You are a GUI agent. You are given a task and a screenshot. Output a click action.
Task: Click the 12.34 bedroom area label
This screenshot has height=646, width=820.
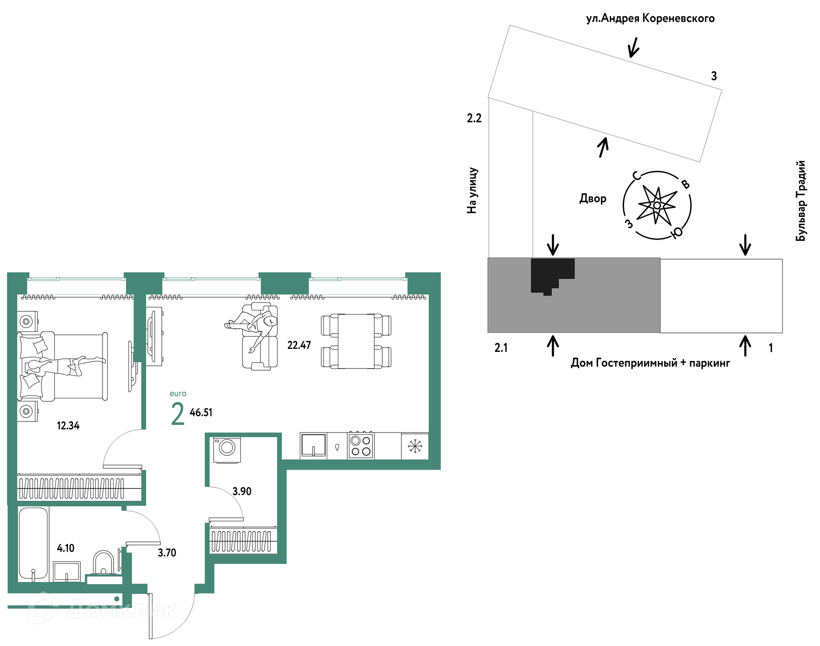[x=68, y=426]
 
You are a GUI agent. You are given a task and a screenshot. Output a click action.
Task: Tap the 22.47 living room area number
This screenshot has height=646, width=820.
[x=299, y=345]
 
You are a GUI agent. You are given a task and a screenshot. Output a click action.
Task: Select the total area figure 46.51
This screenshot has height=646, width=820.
[x=201, y=412]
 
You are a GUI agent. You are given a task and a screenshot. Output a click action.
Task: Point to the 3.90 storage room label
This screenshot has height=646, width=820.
[x=242, y=491]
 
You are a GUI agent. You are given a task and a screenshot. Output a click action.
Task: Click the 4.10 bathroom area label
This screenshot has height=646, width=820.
[x=66, y=548]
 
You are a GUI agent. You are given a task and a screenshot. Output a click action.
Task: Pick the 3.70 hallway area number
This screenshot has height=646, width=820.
[x=167, y=553]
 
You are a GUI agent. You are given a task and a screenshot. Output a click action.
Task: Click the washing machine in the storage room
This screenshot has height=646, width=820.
[x=227, y=450]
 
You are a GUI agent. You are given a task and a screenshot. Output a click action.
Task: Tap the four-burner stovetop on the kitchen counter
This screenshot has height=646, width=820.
[x=361, y=446]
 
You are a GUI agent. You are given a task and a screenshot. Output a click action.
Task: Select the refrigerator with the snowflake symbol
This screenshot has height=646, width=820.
[x=415, y=446]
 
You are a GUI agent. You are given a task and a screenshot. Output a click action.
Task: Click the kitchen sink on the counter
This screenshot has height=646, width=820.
[x=313, y=445]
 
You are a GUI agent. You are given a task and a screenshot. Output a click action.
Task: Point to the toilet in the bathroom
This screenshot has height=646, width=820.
[x=103, y=563]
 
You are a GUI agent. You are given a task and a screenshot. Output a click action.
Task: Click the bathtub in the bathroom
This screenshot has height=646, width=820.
[x=33, y=544]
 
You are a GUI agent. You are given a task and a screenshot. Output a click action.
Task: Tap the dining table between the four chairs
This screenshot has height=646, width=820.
[x=356, y=341]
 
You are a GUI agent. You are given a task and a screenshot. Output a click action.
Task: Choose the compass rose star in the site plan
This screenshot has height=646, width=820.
[x=657, y=205]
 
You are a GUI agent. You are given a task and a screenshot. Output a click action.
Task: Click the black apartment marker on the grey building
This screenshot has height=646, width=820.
[x=552, y=275]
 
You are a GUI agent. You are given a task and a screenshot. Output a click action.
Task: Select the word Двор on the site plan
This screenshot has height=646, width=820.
[x=593, y=199]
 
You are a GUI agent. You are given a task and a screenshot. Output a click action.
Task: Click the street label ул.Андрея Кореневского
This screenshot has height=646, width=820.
[x=650, y=18]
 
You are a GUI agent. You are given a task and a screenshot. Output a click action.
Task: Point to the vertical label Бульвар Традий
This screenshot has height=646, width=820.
[x=801, y=201]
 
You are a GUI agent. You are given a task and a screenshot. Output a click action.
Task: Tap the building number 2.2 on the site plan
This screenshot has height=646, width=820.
[x=474, y=118]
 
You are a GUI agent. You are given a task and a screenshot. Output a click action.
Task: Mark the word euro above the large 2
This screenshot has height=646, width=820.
[x=178, y=394]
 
